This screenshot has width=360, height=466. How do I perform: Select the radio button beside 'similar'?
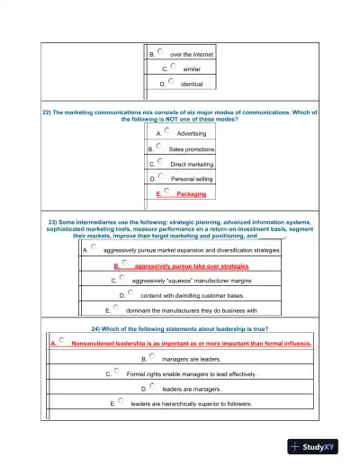pyautogui.click(x=170, y=66)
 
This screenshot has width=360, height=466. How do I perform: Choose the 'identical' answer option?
pyautogui.click(x=191, y=84)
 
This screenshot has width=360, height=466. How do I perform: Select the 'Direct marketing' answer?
pyautogui.click(x=192, y=165)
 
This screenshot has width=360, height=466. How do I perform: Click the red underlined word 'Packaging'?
pyautogui.click(x=191, y=194)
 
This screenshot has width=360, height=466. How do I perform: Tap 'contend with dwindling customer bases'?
pyautogui.click(x=192, y=295)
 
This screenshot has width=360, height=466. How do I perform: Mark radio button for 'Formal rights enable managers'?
pyautogui.click(x=116, y=371)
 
